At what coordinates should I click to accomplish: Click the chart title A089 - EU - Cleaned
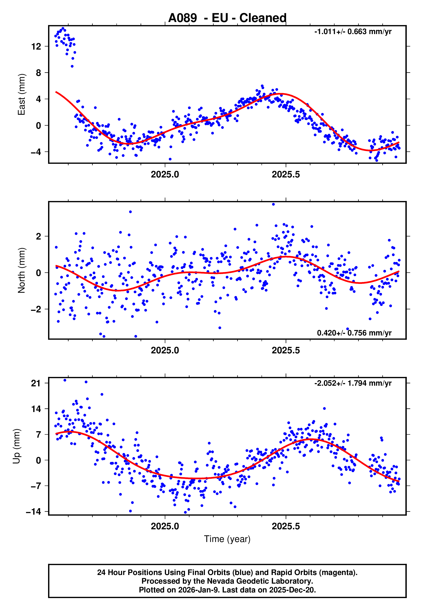tap(227, 18)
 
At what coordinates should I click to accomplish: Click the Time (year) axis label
tap(227, 539)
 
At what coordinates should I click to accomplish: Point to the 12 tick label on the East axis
tap(36, 47)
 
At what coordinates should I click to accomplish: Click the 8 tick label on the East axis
tap(38, 73)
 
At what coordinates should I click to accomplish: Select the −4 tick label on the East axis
tap(36, 152)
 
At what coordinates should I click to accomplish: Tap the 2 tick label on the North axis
tap(38, 236)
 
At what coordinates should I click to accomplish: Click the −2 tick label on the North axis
tap(36, 309)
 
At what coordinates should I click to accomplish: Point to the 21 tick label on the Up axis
tap(36, 383)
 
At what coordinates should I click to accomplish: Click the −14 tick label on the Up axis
tap(33, 512)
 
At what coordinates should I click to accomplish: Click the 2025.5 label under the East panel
tap(286, 175)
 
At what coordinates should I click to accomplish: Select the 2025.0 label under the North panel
tap(165, 350)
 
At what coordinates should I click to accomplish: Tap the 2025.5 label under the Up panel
tap(286, 526)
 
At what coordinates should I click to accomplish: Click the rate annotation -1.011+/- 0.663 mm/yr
tap(353, 32)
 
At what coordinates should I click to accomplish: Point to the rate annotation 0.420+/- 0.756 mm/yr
tap(354, 333)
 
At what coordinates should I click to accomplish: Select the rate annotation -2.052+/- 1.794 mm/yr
tap(353, 383)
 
